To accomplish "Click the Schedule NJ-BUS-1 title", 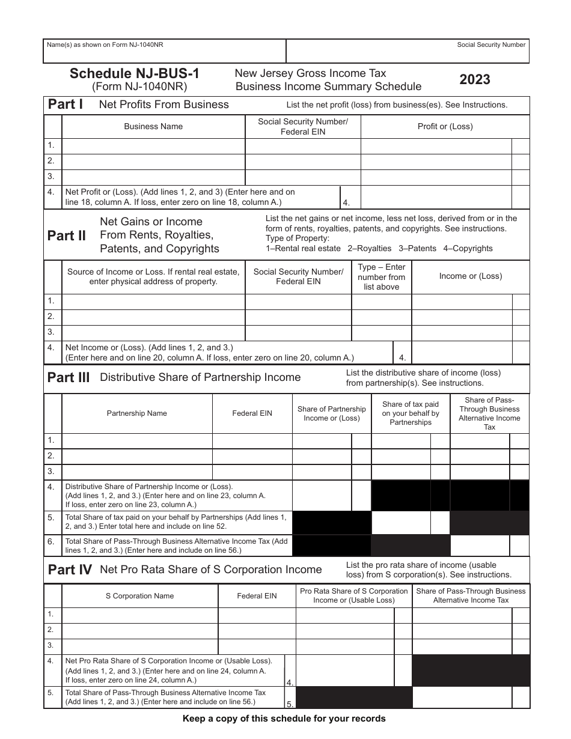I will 135,73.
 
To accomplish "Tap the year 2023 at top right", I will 475,79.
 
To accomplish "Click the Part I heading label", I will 66,105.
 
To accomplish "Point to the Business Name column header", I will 153,127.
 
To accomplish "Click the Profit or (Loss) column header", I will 445,127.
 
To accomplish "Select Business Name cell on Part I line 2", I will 153,161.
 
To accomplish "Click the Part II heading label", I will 67,236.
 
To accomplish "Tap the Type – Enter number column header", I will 381,277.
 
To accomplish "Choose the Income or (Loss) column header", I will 470,276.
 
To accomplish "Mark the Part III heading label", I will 69,378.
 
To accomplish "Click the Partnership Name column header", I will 136,413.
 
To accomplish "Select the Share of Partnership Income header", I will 331,413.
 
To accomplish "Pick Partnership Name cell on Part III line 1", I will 136,441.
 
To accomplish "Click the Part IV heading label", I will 69,570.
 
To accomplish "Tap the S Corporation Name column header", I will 139,596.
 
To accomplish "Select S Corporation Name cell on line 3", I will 139,646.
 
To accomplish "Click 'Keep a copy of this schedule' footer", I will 284,719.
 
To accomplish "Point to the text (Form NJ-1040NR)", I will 139,87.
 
